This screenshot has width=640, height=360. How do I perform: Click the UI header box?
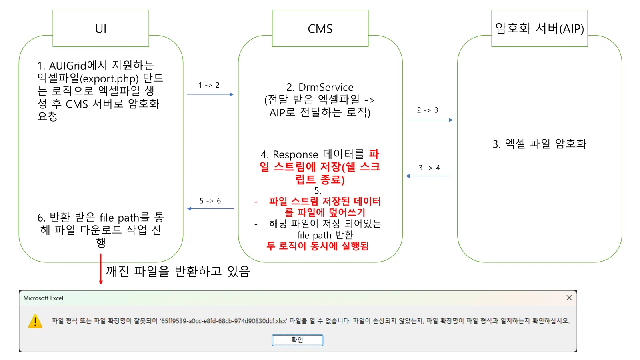pyautogui.click(x=101, y=28)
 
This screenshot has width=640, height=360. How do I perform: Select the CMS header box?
pyautogui.click(x=320, y=28)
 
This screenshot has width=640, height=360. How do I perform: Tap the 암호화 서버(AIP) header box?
pyautogui.click(x=539, y=28)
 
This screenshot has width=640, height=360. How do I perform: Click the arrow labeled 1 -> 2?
pyautogui.click(x=210, y=94)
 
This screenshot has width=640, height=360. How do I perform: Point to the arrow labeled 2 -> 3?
pyautogui.click(x=430, y=120)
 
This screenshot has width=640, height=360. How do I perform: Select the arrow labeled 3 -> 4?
pyautogui.click(x=429, y=176)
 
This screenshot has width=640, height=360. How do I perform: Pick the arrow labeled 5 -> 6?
pyautogui.click(x=210, y=208)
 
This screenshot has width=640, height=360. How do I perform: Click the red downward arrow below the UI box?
pyautogui.click(x=101, y=269)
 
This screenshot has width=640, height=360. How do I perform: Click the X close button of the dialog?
pyautogui.click(x=569, y=298)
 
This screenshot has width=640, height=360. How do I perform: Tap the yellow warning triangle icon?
pyautogui.click(x=35, y=321)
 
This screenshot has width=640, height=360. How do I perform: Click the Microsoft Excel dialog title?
pyautogui.click(x=43, y=298)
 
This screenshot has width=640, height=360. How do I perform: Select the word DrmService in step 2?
pyautogui.click(x=326, y=87)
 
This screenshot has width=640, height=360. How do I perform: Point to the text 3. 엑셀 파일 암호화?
pyautogui.click(x=539, y=144)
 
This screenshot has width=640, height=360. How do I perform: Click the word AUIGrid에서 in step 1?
pyautogui.click(x=78, y=66)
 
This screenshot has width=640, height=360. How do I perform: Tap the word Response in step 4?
pyautogui.click(x=295, y=154)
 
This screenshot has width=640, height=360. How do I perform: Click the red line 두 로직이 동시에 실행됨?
pyautogui.click(x=318, y=246)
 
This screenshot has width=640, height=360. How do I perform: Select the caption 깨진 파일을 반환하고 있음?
pyautogui.click(x=178, y=271)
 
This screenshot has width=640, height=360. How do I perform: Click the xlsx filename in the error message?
pyautogui.click(x=224, y=321)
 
